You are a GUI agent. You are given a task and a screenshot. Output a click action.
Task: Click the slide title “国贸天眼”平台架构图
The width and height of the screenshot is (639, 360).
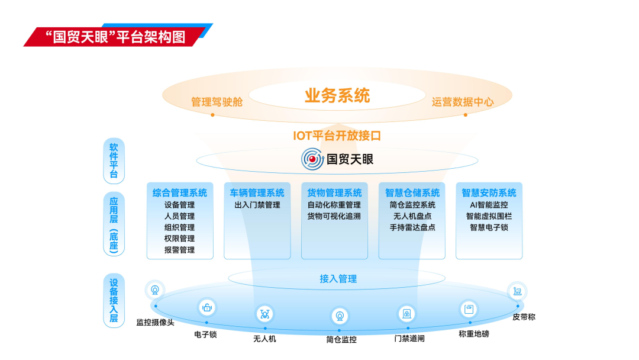[x=115, y=37]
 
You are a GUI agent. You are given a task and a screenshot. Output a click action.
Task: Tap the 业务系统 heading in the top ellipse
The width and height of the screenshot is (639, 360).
[x=337, y=95]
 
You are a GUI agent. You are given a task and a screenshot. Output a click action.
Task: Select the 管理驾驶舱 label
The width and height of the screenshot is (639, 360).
[x=217, y=102]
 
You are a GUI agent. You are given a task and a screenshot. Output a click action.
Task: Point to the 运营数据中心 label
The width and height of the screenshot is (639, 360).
[x=462, y=102]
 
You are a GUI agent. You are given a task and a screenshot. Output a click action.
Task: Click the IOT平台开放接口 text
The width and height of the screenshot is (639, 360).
[x=337, y=136]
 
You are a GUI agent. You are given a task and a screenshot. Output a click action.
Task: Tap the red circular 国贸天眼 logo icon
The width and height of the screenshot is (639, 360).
[x=312, y=159]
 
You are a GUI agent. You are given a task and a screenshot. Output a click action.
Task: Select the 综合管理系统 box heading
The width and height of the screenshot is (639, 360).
[x=180, y=192]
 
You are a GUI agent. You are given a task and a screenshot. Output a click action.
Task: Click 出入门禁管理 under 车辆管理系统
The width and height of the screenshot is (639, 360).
[x=257, y=205]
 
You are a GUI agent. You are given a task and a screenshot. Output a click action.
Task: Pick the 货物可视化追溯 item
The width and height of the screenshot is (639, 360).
[x=334, y=216]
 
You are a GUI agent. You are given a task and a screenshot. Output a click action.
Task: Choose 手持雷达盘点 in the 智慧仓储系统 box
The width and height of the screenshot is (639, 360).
[x=412, y=227]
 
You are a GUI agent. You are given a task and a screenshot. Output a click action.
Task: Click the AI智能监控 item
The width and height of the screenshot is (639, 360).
[x=489, y=205]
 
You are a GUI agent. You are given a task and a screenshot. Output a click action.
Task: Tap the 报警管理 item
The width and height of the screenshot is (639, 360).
[x=180, y=250]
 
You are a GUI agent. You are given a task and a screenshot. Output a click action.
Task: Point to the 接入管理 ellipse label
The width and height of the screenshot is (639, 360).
[x=338, y=278]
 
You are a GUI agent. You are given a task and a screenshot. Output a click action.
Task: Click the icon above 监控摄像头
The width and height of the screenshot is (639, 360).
[x=155, y=290]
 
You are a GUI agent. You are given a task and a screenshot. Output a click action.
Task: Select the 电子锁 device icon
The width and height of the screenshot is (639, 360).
[x=206, y=307]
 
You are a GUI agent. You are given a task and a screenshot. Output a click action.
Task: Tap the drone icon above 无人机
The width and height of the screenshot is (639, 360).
[x=264, y=313]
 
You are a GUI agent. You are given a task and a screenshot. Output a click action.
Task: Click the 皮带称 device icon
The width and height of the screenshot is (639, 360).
[x=517, y=291]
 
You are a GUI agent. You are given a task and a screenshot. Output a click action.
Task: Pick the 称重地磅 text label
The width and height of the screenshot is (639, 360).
[x=474, y=334]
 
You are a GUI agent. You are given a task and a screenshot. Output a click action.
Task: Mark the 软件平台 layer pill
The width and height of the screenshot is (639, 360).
[x=114, y=160]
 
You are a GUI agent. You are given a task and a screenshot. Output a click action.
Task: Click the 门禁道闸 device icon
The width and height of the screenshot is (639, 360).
[x=407, y=313]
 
